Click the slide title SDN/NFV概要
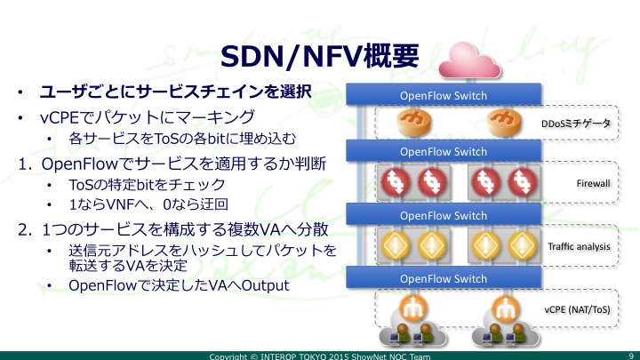pos(320,56)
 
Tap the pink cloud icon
pos(469,60)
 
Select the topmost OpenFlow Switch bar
pos(444,95)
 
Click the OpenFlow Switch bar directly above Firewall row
pos(444,151)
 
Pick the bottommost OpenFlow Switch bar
pos(444,278)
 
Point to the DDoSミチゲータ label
pos(576,124)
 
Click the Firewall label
pos(593,183)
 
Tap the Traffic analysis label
pos(579,246)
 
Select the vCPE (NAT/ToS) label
pos(577,309)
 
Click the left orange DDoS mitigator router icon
pos(414,122)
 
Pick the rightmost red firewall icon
pos(522,181)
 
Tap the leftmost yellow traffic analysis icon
pos(396,245)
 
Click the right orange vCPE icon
pos(505,308)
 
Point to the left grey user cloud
pos(412,333)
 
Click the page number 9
pos(631,356)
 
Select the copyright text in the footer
pos(320,356)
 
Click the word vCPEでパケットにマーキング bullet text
pos(148,117)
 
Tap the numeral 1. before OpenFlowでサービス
pos(25,164)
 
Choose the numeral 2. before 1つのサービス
pos(25,230)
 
